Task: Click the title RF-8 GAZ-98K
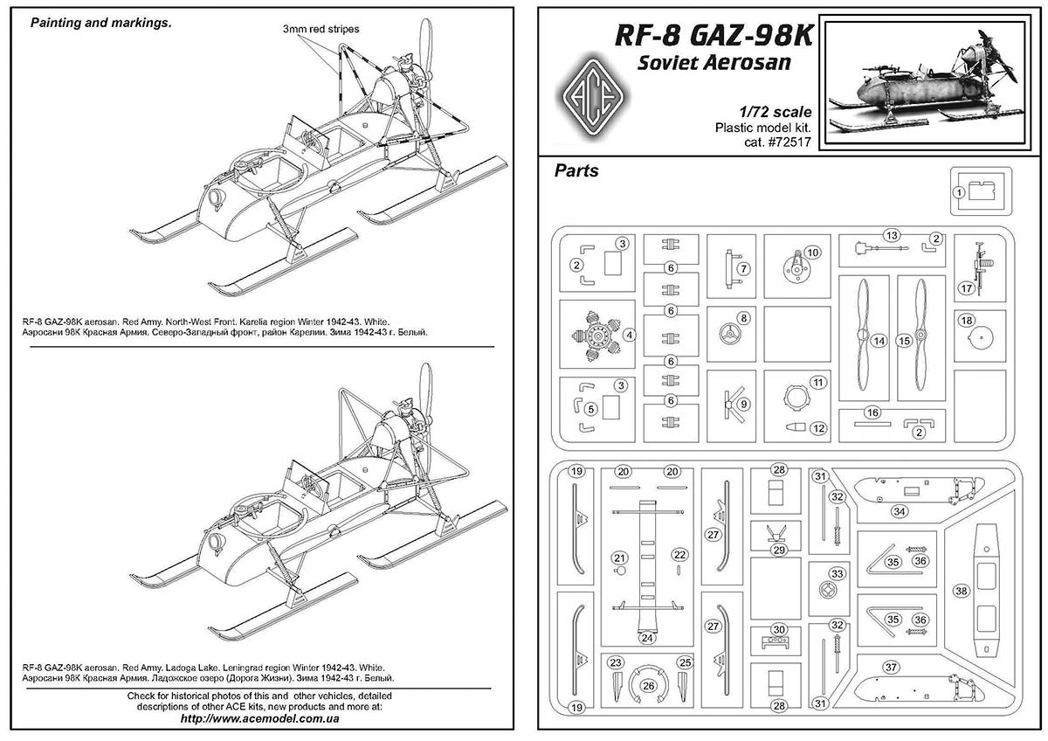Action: tap(714, 36)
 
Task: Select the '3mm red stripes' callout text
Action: tap(320, 30)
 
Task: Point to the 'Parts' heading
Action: tap(576, 171)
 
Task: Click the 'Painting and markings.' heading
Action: tap(100, 24)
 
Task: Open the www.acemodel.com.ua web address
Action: tap(259, 719)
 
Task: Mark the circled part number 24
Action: tap(647, 638)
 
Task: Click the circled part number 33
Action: tap(838, 574)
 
